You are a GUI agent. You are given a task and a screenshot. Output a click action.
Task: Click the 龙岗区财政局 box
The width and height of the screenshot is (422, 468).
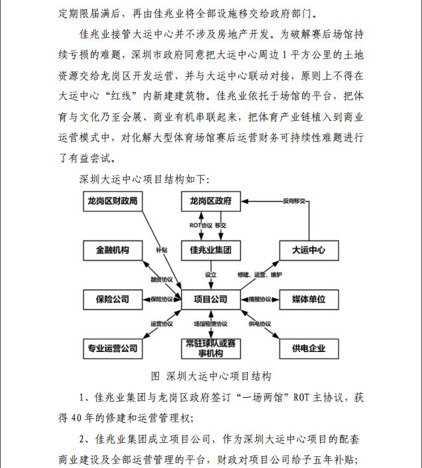click(x=113, y=201)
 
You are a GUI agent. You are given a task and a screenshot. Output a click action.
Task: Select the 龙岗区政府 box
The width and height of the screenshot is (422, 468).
click(x=210, y=201)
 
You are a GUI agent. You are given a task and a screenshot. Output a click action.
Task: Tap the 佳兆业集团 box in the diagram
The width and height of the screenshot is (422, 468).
click(x=210, y=250)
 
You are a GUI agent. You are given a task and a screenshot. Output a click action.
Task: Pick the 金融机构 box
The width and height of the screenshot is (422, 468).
click(x=113, y=250)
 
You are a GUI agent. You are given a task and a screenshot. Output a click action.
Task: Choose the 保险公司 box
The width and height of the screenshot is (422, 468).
click(x=113, y=299)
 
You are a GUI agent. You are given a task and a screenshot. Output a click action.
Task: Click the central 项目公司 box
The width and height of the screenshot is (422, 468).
click(x=210, y=299)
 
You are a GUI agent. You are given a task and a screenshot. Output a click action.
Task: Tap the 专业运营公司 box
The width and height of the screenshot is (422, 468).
click(x=113, y=347)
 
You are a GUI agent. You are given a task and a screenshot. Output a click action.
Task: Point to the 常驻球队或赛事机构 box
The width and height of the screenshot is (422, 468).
click(x=210, y=347)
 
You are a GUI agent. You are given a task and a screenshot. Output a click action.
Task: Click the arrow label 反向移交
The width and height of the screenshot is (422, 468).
click(x=293, y=200)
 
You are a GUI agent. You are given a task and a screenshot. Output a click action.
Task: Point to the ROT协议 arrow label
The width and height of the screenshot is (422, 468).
click(x=201, y=225)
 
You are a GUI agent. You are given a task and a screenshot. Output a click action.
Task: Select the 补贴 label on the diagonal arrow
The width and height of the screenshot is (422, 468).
click(x=162, y=250)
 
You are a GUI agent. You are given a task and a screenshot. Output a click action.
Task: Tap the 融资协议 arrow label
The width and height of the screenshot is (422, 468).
click(x=162, y=279)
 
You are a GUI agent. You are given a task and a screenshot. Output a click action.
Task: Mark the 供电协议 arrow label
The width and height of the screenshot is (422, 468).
click(x=260, y=324)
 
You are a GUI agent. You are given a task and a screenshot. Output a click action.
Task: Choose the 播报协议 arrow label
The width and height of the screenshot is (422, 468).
click(x=259, y=299)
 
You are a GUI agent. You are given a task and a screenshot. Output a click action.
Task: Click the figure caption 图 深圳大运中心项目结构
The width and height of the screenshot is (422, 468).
click(x=211, y=376)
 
